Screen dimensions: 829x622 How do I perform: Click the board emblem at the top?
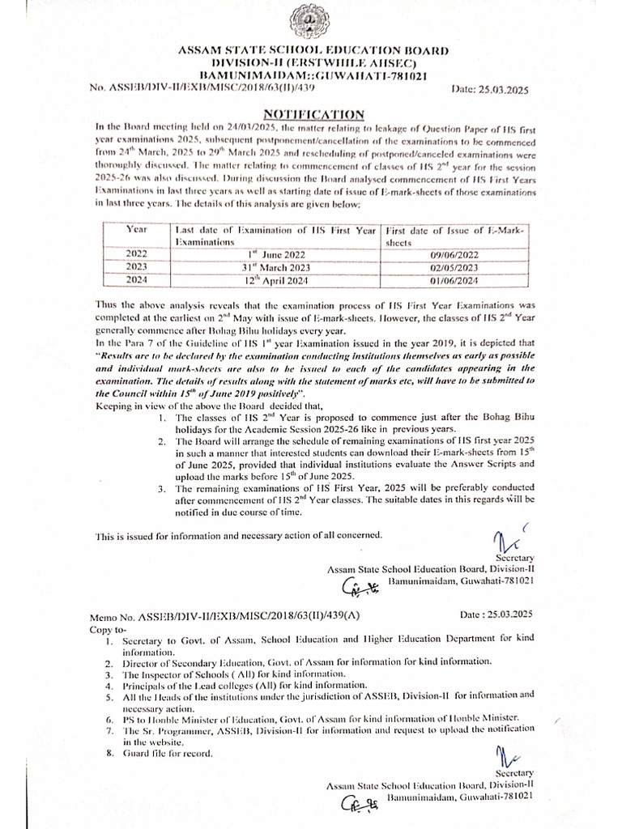pyautogui.click(x=312, y=22)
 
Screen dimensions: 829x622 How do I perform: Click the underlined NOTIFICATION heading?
pyautogui.click(x=314, y=115)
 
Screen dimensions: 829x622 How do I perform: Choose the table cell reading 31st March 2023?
pyautogui.click(x=276, y=267)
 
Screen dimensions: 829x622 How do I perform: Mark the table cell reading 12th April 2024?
pyautogui.click(x=276, y=280)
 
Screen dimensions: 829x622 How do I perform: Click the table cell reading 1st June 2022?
pyautogui.click(x=276, y=254)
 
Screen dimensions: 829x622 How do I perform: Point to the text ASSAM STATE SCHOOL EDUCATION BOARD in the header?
pyautogui.click(x=313, y=51)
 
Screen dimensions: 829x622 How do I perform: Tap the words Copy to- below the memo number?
pyautogui.click(x=113, y=627)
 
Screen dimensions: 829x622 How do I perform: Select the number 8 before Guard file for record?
pyautogui.click(x=109, y=755)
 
